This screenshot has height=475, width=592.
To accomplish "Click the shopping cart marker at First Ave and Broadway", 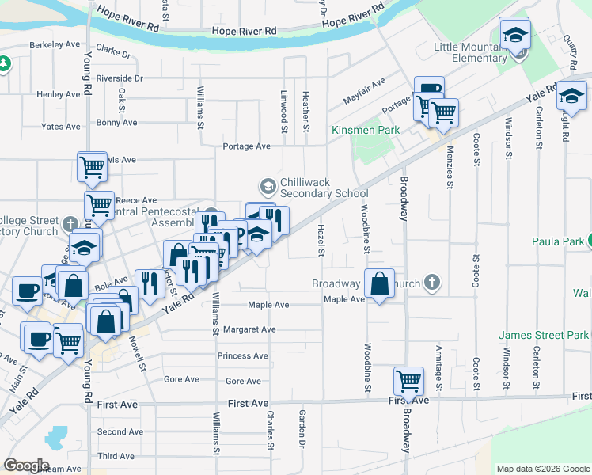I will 408,381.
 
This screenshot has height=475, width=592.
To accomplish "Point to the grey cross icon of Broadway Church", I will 431,281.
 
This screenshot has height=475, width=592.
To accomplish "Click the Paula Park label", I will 557,241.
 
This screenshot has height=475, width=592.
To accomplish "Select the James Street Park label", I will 544,336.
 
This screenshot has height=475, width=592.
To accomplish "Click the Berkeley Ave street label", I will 55,45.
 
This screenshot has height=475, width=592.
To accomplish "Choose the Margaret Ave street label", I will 249,329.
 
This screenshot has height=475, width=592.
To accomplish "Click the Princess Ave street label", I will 244,356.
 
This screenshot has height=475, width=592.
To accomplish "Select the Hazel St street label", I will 321,240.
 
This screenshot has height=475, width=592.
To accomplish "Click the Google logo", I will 26,465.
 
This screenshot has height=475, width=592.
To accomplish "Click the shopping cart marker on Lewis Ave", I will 93,167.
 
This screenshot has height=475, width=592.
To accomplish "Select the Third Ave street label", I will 116,456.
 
